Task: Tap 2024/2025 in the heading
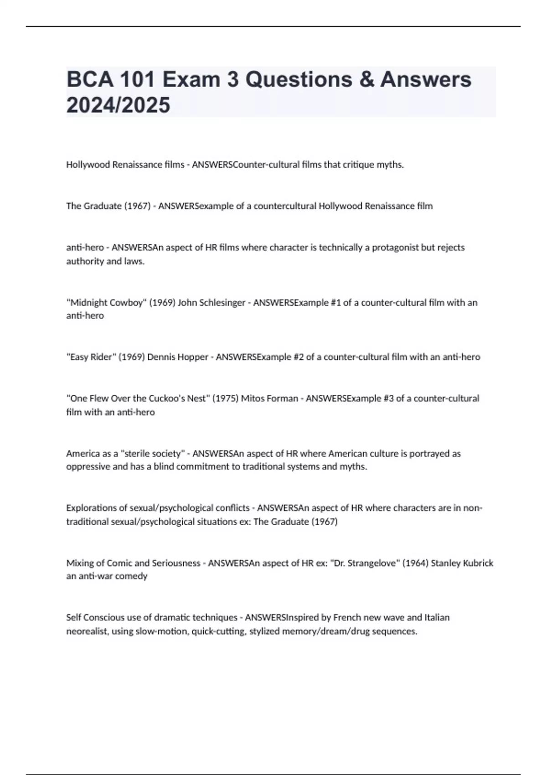pyautogui.click(x=118, y=105)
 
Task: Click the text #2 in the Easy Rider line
pyautogui.click(x=298, y=357)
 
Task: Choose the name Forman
pyautogui.click(x=283, y=398)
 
